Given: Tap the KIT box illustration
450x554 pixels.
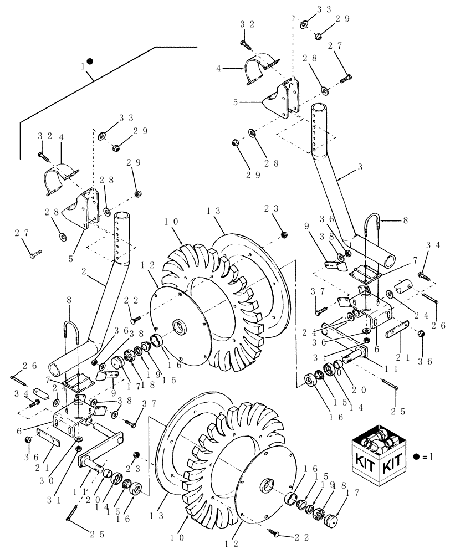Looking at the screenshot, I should pos(381,457).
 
